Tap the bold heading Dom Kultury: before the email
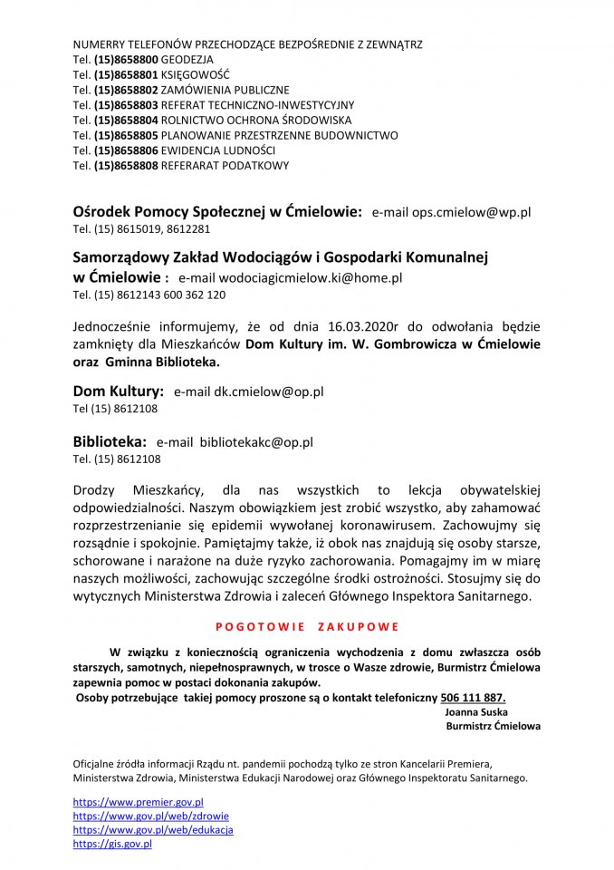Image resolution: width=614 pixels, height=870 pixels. click(118, 391)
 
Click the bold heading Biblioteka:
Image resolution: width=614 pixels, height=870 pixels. click(110, 442)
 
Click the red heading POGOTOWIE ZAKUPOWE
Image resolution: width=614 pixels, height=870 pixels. click(307, 626)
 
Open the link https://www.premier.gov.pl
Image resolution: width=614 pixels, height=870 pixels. click(138, 802)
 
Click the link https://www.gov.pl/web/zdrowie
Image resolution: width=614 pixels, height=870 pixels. click(150, 816)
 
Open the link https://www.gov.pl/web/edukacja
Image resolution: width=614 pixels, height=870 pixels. click(153, 829)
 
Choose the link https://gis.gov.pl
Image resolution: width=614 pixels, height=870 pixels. click(112, 844)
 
